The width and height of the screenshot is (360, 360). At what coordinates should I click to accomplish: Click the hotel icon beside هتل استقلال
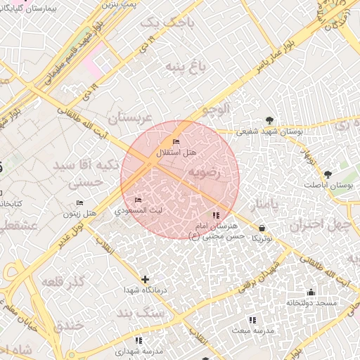[176, 143]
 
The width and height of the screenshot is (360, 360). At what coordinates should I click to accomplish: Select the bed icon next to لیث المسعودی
[138, 200]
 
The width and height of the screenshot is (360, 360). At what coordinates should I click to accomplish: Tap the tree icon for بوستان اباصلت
[328, 174]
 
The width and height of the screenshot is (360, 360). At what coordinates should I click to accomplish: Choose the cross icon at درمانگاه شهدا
[146, 280]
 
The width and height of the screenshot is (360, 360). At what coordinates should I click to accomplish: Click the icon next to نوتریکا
[262, 228]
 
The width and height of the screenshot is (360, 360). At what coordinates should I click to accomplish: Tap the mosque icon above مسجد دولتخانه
[311, 292]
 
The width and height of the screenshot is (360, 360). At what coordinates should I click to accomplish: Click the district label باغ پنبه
[184, 67]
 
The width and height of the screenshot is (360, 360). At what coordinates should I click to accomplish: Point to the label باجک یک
[161, 23]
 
